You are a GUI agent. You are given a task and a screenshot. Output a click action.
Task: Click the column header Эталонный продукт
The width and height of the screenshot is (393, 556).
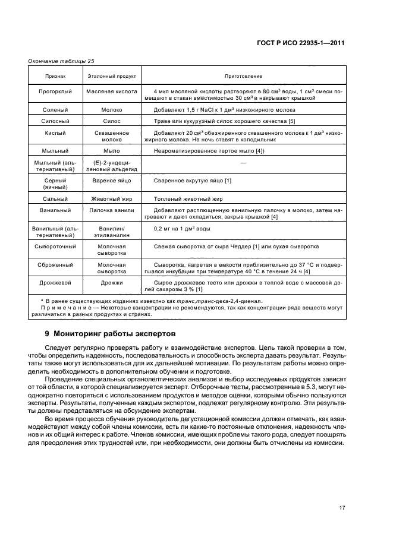pyautogui.click(x=112, y=77)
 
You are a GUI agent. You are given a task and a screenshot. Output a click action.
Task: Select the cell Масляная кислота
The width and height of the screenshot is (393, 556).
pyautogui.click(x=112, y=91)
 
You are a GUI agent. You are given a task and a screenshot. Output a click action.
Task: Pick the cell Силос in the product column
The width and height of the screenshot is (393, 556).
pyautogui.click(x=112, y=121)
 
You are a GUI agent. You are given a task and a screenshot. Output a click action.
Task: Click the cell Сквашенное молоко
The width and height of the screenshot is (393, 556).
pyautogui.click(x=112, y=136)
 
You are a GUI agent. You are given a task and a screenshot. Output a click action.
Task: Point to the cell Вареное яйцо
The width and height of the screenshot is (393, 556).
pyautogui.click(x=112, y=180)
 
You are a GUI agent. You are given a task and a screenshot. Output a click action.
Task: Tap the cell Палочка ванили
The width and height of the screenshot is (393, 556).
pyautogui.click(x=112, y=210)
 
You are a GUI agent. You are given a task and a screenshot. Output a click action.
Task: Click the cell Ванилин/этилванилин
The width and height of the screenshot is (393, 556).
pyautogui.click(x=112, y=231)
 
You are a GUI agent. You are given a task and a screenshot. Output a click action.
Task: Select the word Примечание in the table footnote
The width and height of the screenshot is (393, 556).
pyautogui.click(x=64, y=308)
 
